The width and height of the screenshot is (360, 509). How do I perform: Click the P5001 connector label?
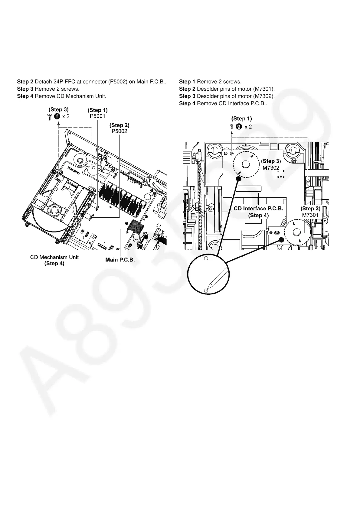97,116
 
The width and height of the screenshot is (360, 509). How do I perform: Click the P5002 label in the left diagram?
119,131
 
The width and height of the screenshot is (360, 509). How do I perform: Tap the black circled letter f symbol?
57,116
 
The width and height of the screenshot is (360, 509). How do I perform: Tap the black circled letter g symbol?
239,127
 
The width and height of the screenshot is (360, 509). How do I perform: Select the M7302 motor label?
271,168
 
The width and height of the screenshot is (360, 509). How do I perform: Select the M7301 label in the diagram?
310,215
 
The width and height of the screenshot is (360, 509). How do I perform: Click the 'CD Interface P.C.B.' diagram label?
258,209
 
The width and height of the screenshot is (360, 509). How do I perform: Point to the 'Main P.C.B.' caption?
120,260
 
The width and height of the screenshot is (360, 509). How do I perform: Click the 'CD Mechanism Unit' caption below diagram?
54,257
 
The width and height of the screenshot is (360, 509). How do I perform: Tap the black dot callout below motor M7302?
238,179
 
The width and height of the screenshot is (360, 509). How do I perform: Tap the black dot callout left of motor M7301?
281,240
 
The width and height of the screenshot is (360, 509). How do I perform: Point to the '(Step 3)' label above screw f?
59,109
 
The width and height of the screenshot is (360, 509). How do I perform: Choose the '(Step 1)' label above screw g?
241,118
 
